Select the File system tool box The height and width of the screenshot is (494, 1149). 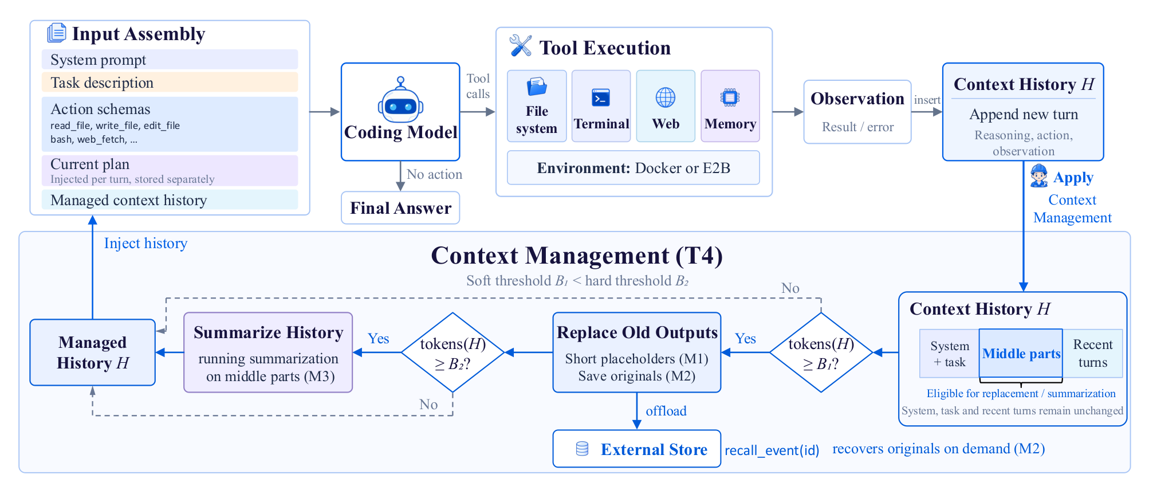537,106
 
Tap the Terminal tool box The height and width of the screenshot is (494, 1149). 601,106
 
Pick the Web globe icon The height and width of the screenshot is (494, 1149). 666,97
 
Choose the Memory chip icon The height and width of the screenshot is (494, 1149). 730,97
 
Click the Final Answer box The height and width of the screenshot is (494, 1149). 400,208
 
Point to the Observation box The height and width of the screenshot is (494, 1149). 857,112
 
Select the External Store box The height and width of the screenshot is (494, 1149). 637,449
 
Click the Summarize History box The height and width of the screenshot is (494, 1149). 268,352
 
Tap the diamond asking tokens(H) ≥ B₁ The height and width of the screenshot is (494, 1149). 821,352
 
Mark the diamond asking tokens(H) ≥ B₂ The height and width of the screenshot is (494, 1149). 453,352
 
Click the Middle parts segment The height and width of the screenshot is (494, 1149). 1021,354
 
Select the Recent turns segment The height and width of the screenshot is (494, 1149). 1093,354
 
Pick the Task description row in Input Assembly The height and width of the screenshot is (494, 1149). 170,83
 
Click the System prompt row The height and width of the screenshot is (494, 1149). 170,60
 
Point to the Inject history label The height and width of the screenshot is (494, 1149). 145,244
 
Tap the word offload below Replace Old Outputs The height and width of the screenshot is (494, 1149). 666,411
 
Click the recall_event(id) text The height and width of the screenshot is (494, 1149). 772,450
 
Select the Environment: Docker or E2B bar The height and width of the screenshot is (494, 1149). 633,168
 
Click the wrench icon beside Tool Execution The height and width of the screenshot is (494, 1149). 521,45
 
